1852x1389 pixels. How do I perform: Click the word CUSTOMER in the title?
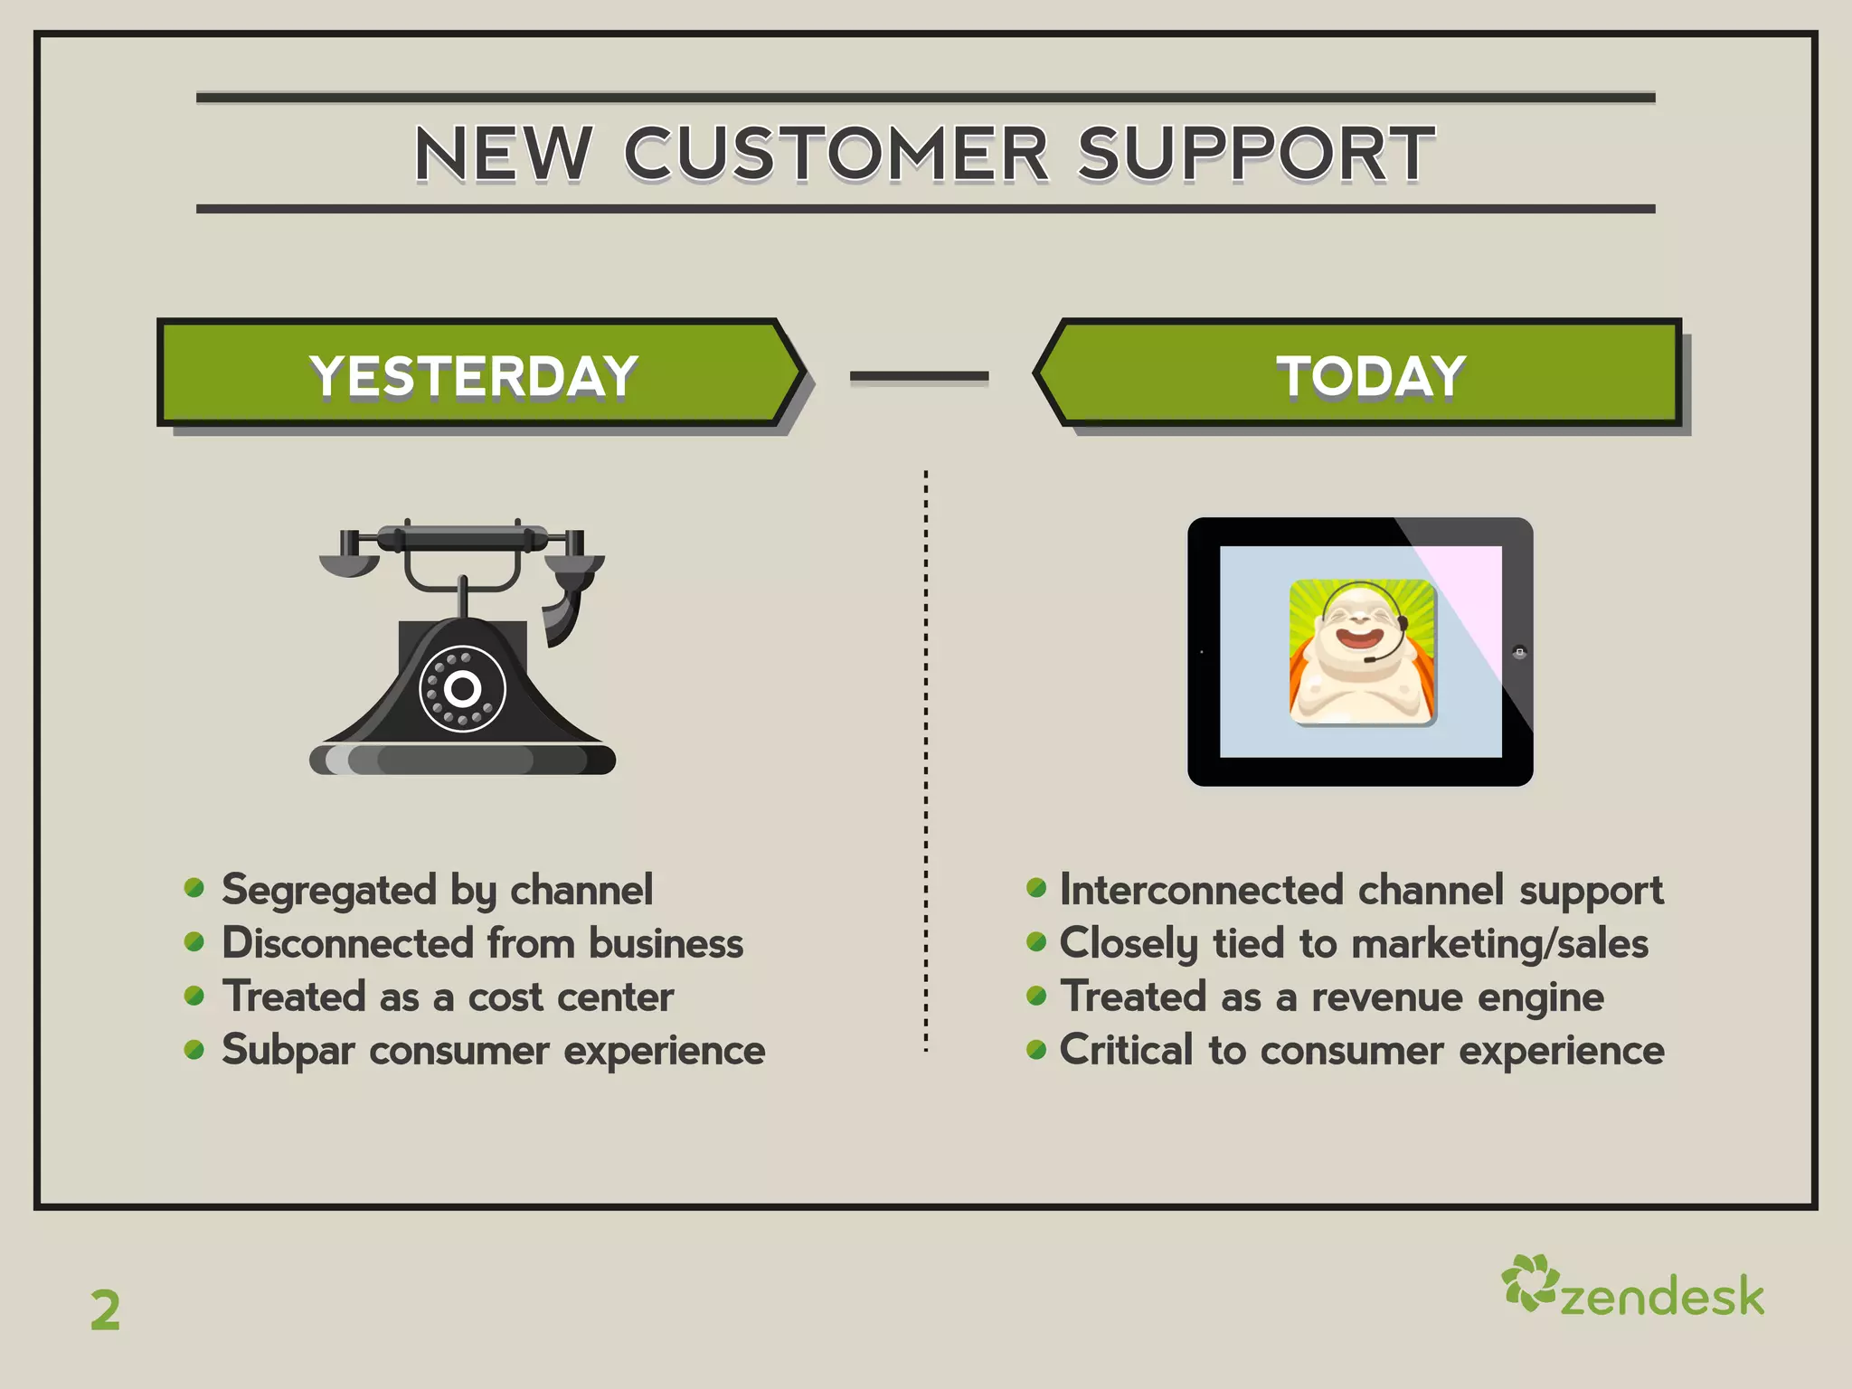(836, 154)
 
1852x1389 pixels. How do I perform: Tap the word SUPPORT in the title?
(1255, 154)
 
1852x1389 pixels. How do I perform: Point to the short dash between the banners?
(919, 375)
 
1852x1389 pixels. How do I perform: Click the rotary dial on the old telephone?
(462, 689)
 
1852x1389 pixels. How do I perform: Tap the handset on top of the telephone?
(462, 540)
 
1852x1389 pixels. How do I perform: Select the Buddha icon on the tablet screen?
(1362, 651)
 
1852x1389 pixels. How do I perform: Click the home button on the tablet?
(1519, 652)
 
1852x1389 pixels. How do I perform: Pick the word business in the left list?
(666, 943)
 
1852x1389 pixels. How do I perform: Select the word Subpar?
(288, 1051)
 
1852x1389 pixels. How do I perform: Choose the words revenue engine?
(1457, 997)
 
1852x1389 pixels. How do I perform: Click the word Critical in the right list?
(1126, 1050)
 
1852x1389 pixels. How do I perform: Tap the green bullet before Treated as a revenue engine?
(1036, 997)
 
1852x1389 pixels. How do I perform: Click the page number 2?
(105, 1310)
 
